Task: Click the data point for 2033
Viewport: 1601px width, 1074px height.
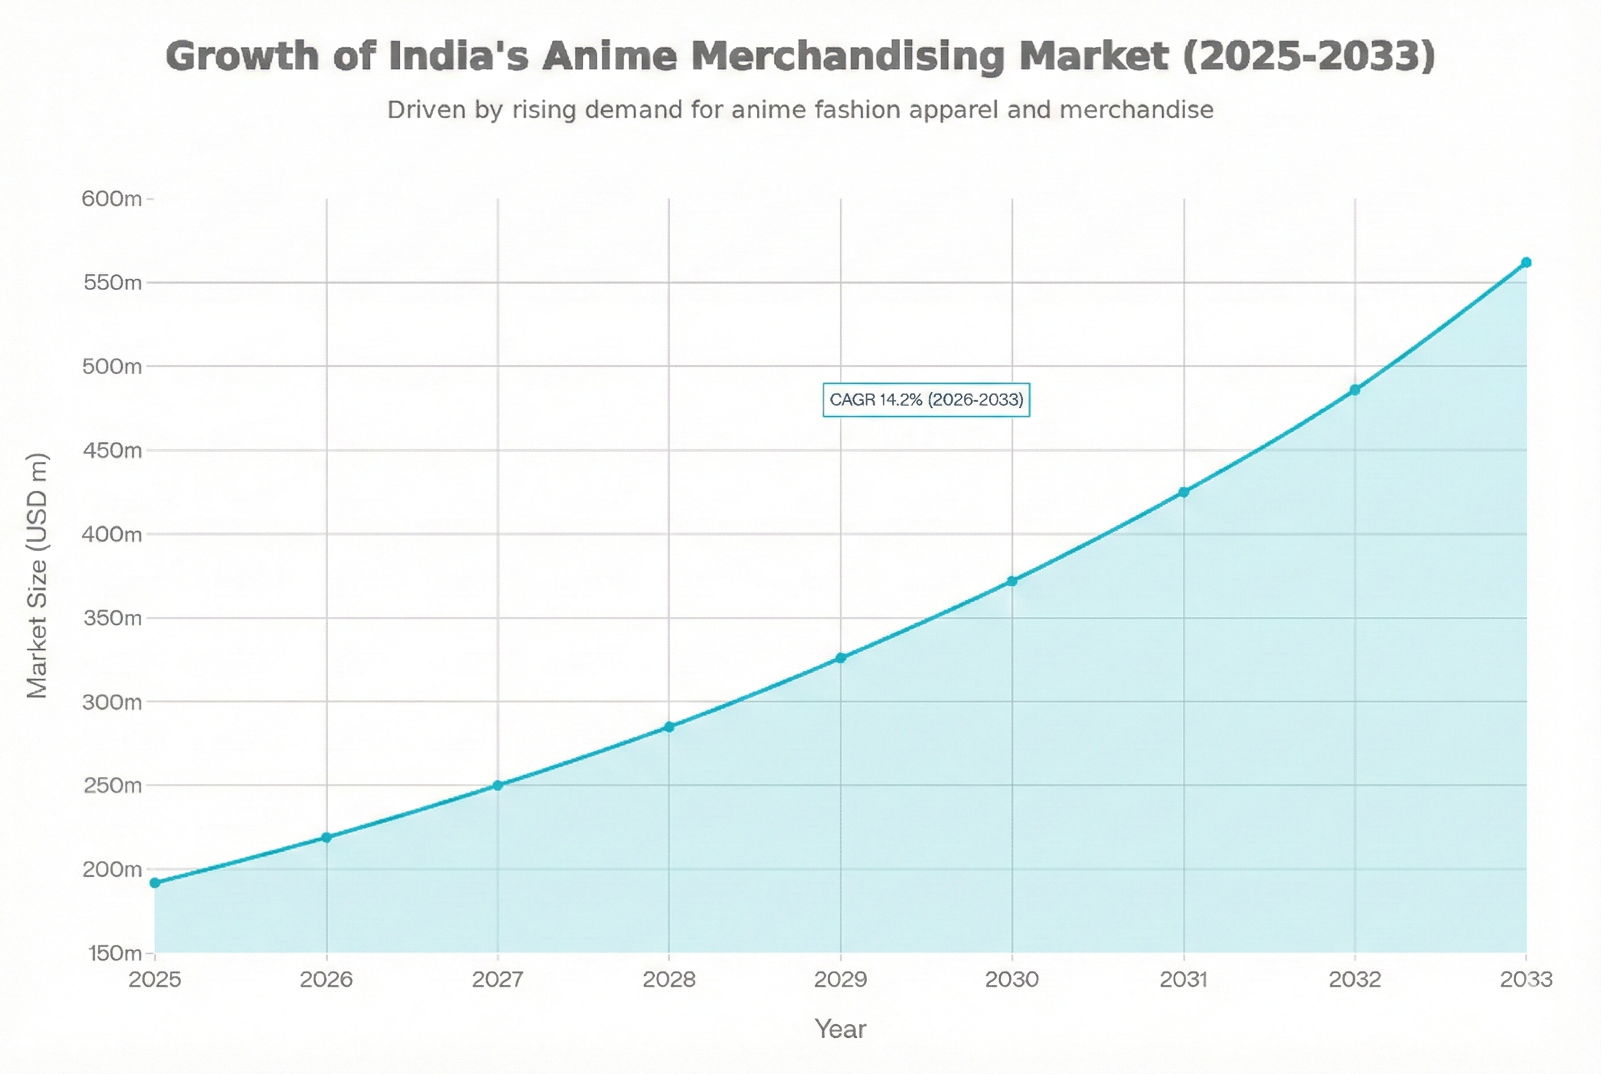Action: click(x=1526, y=263)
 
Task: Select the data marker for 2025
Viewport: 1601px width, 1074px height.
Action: click(x=155, y=883)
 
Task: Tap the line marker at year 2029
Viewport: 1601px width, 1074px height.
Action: click(x=840, y=658)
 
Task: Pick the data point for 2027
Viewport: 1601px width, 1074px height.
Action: click(x=498, y=785)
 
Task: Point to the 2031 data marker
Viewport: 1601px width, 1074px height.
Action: click(x=1183, y=493)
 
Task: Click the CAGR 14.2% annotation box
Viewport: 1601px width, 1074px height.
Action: click(x=925, y=400)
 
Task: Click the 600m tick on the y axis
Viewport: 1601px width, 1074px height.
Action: click(x=111, y=199)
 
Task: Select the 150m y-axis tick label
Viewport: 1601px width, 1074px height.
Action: click(x=115, y=953)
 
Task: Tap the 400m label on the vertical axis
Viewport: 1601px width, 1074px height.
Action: click(x=111, y=534)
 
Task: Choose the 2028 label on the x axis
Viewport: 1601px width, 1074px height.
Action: click(x=669, y=980)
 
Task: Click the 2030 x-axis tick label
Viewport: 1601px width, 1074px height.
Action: click(x=1012, y=980)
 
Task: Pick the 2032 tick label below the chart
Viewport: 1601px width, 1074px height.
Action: click(x=1355, y=980)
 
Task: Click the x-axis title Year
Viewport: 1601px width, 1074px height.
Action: click(x=840, y=1030)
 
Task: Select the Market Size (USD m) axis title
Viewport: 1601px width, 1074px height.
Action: click(x=37, y=576)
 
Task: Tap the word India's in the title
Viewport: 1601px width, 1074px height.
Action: click(x=459, y=56)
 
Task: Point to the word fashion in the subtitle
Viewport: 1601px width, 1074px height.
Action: click(x=857, y=110)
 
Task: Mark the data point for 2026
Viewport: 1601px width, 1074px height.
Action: click(x=327, y=837)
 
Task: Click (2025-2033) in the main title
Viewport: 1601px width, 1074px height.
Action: click(x=1308, y=56)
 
